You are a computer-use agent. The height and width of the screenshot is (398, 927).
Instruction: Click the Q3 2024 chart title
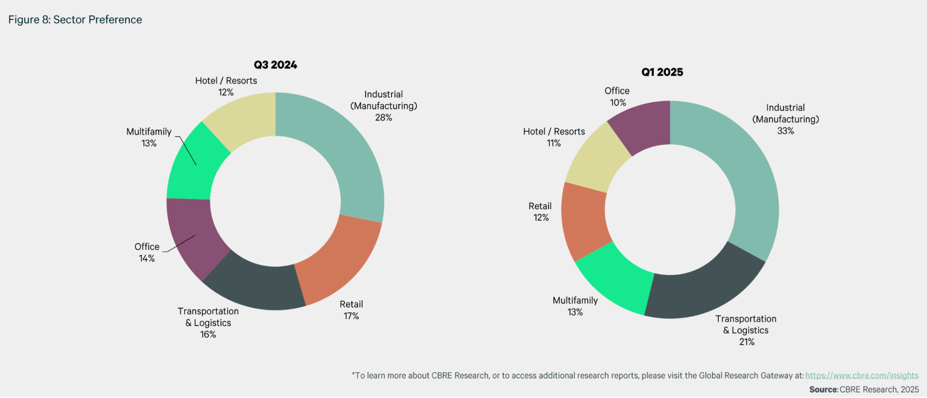point(275,65)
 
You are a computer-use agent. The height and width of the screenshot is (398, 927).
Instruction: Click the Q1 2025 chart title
point(662,72)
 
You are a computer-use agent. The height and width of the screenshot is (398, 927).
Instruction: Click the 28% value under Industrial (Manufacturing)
point(383,118)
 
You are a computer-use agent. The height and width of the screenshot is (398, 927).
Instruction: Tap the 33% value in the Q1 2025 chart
point(785,131)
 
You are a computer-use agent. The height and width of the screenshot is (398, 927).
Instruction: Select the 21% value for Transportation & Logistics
point(747,342)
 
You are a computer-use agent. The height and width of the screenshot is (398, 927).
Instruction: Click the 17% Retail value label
point(351,316)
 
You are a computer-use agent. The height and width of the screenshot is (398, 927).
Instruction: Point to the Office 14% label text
point(147,252)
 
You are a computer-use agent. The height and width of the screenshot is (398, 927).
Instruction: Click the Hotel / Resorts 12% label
point(226,86)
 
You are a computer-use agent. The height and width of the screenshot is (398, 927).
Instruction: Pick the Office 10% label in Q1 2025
point(617,96)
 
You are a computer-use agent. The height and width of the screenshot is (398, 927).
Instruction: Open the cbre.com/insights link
point(861,375)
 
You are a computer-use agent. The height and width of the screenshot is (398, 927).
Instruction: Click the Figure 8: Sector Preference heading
point(75,19)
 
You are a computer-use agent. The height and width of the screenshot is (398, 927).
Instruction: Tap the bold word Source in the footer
point(823,389)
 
